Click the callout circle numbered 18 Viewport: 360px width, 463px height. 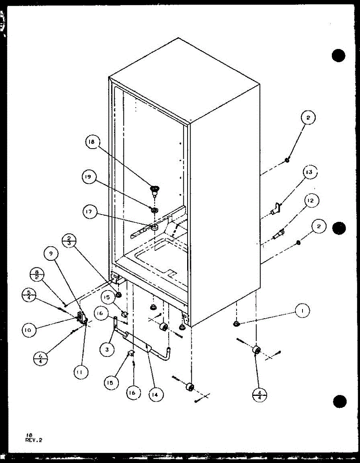tap(92, 142)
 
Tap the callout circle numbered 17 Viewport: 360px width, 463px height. tap(89, 212)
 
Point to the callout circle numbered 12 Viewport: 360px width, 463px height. tap(311, 201)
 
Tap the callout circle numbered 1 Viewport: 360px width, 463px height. tap(303, 310)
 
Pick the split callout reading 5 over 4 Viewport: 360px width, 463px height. tap(29, 296)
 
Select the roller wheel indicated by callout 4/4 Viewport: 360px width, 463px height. tap(255, 350)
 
